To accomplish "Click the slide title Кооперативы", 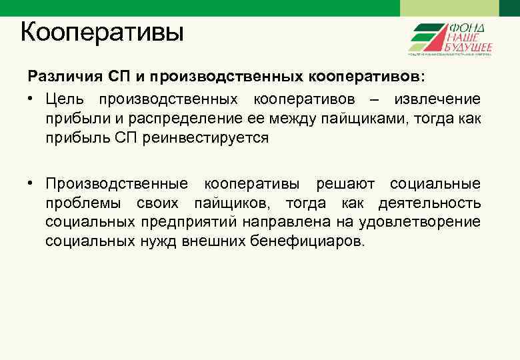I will (x=101, y=31).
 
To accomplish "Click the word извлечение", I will (x=437, y=99).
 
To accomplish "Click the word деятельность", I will (x=429, y=203).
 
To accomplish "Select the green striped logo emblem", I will (x=427, y=37).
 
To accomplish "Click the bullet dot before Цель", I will (x=31, y=100).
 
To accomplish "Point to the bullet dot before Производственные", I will (x=31, y=184).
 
